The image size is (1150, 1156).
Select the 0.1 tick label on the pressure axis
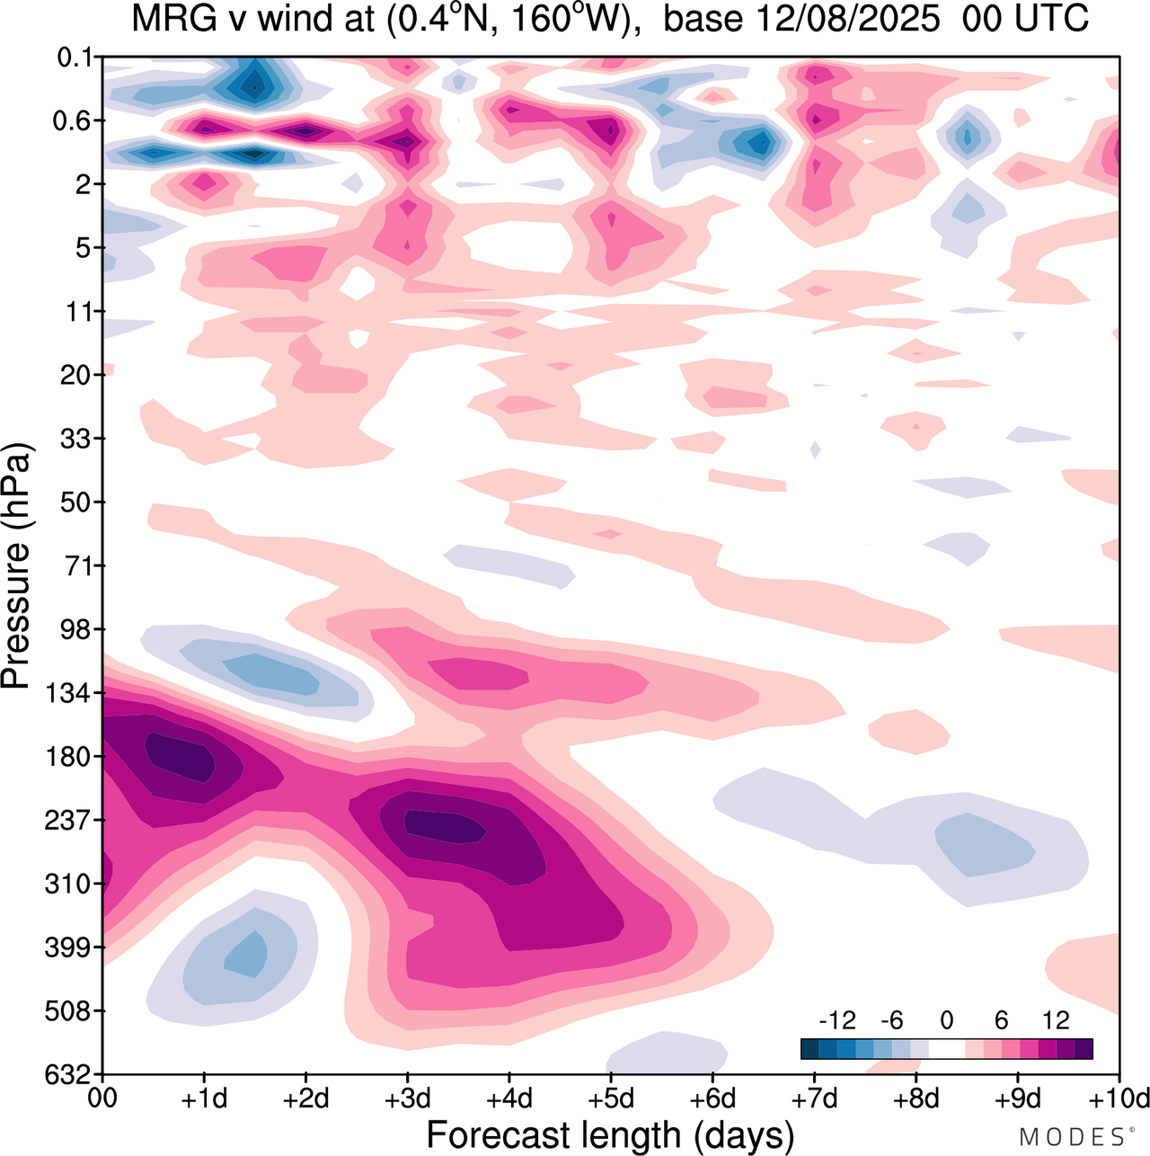[75, 58]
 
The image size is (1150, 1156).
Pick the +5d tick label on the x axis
[611, 1098]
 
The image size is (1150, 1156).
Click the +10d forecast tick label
[1119, 1098]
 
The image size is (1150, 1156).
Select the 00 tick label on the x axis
[103, 1098]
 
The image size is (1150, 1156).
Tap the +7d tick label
[814, 1098]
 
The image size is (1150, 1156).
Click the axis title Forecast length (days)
[610, 1134]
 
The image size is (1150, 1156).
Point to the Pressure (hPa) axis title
[16, 566]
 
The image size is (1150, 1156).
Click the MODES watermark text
[1072, 1137]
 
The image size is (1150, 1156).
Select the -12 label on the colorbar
[837, 1020]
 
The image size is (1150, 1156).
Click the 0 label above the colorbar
[946, 1020]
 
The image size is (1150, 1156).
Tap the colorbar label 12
[1056, 1020]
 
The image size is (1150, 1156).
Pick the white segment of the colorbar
[946, 1048]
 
